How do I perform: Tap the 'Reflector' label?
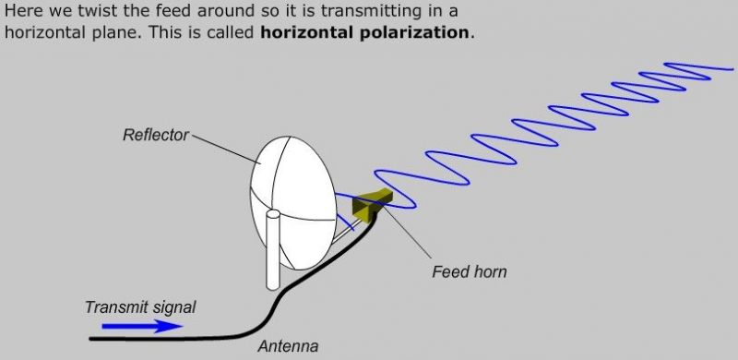[156, 136]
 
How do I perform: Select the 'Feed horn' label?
[470, 272]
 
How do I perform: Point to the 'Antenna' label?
[287, 347]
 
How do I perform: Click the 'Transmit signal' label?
[140, 307]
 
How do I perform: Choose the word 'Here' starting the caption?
[25, 11]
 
